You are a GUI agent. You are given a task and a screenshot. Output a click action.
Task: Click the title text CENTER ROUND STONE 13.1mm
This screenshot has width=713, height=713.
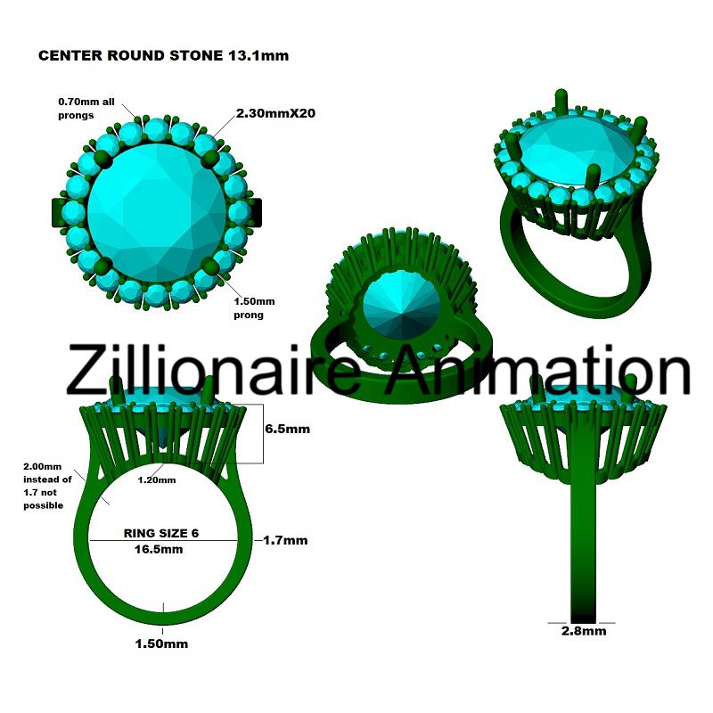pyautogui.click(x=162, y=55)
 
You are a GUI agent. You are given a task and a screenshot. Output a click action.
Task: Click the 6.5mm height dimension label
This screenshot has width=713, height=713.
pyautogui.click(x=288, y=429)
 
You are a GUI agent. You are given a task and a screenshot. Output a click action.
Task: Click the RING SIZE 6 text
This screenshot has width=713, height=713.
pyautogui.click(x=160, y=533)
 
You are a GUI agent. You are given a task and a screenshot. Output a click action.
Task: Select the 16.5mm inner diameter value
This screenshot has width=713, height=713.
pyautogui.click(x=160, y=549)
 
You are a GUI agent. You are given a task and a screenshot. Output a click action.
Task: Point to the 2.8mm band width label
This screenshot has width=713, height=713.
pyautogui.click(x=583, y=631)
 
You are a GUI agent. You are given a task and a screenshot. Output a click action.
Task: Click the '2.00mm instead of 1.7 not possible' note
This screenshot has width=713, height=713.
pyautogui.click(x=44, y=486)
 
